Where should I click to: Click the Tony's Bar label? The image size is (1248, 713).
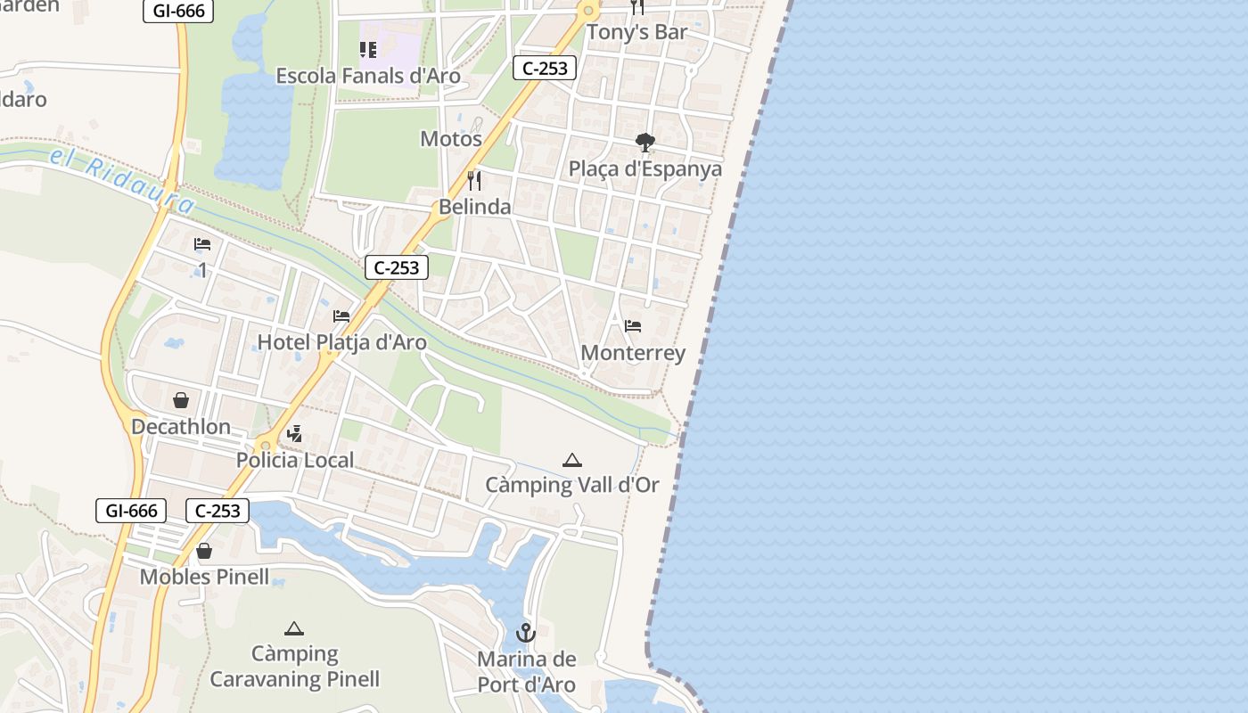click(636, 33)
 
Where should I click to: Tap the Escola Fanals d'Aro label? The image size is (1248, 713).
click(368, 76)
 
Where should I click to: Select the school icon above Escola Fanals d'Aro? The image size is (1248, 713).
click(367, 50)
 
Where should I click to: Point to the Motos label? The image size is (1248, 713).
click(451, 139)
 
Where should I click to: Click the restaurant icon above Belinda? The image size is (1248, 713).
click(474, 181)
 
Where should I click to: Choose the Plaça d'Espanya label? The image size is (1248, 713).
click(645, 168)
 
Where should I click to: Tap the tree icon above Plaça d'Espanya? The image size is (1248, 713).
click(645, 143)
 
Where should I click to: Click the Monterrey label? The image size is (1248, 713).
click(633, 353)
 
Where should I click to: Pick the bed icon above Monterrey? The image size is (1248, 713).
click(633, 326)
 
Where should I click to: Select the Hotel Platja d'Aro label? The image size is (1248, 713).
click(342, 342)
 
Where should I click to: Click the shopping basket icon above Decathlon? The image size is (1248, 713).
click(181, 400)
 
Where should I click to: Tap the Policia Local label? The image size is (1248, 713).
click(295, 460)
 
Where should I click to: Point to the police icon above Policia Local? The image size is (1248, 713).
click(294, 434)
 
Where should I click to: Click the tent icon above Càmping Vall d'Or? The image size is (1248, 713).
click(572, 460)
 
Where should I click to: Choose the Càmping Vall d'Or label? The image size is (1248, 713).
click(572, 485)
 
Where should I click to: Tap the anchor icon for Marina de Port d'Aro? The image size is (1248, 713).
click(526, 634)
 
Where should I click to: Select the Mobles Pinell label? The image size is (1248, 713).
click(204, 577)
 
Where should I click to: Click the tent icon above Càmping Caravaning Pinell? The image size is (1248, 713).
click(294, 628)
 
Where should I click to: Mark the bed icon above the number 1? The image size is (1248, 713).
click(202, 244)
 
